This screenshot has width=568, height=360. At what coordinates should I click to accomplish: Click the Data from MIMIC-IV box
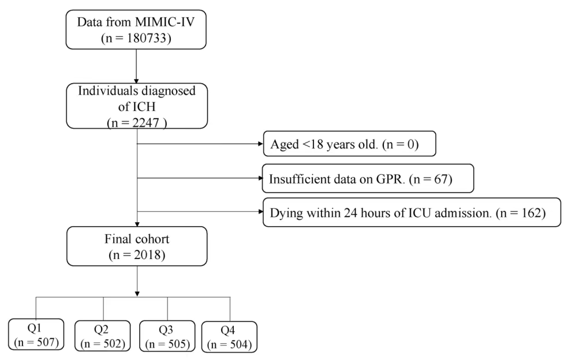(x=136, y=29)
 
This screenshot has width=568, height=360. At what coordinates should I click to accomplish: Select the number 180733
(x=147, y=38)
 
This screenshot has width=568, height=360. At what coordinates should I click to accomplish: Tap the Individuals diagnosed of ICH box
(x=137, y=106)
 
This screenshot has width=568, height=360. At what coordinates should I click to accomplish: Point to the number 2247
(x=145, y=123)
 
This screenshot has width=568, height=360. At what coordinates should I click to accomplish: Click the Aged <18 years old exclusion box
(x=350, y=144)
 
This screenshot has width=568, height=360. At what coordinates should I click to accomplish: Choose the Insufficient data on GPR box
(x=368, y=178)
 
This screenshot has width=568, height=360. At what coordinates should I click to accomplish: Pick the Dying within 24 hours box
(x=412, y=212)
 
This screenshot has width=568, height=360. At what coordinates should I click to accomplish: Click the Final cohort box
(x=137, y=246)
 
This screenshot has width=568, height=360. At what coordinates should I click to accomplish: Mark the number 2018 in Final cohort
(x=147, y=255)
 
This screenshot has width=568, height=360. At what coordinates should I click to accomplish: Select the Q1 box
(x=36, y=334)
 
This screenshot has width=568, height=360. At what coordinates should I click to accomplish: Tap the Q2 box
(x=103, y=336)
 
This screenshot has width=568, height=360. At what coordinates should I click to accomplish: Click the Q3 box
(x=167, y=336)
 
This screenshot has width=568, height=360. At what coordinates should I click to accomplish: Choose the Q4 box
(x=229, y=337)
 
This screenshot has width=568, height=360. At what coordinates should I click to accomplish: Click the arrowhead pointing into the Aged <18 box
(x=260, y=144)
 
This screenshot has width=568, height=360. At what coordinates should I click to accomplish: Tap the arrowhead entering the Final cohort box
(x=137, y=224)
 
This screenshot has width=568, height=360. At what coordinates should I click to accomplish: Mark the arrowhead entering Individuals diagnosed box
(x=136, y=80)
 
